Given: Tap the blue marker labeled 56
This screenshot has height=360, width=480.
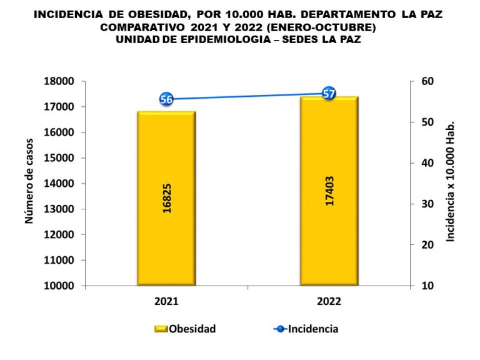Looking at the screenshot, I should click(166, 99).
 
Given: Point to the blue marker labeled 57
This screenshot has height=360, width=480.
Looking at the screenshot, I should click(329, 94).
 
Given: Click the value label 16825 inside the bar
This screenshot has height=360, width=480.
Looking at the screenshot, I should click(167, 199).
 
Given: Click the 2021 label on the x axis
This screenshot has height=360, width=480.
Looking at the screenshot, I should click(166, 301).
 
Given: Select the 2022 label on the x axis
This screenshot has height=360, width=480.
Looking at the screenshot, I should click(329, 301).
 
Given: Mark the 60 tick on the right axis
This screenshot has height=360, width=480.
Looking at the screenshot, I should click(427, 81).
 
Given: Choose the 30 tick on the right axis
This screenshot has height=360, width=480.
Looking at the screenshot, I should click(427, 204).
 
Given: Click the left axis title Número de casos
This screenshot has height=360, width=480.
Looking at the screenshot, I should click(29, 184).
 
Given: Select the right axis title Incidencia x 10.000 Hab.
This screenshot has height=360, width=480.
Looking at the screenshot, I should click(450, 181).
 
